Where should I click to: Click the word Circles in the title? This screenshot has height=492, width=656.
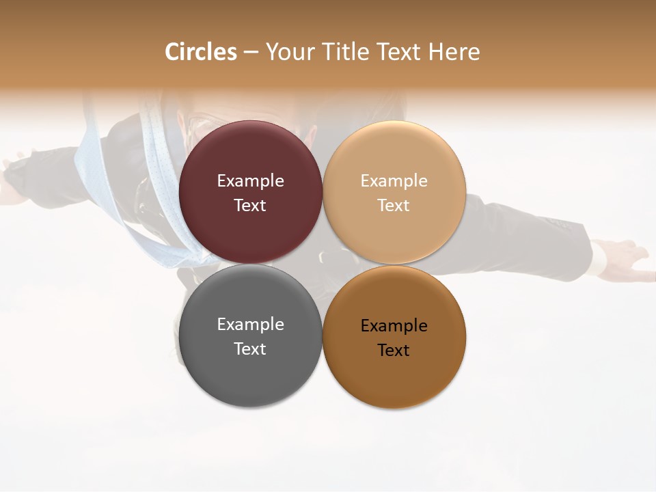[200, 52]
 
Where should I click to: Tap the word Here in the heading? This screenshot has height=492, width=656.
[454, 52]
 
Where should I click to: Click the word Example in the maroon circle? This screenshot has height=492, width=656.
[250, 180]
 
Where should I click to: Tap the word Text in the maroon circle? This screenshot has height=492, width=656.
[250, 205]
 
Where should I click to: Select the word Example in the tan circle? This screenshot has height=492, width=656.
[394, 180]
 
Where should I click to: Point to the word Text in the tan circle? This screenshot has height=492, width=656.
[394, 205]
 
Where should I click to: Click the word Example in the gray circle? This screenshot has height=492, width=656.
[250, 325]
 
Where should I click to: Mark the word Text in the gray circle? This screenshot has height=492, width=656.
[250, 348]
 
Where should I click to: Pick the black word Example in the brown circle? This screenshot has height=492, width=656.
[394, 326]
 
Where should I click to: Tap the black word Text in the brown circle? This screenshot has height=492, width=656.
[394, 350]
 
